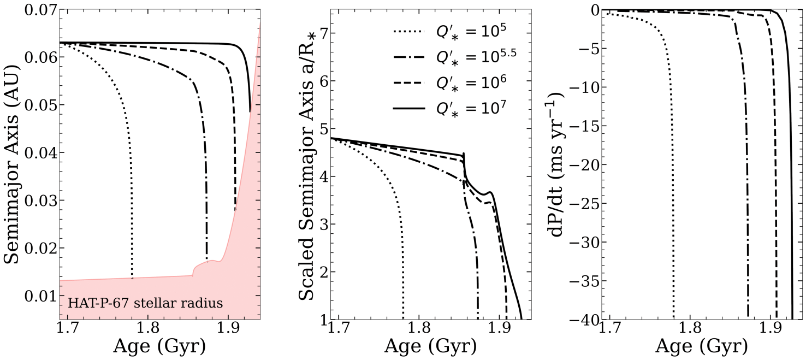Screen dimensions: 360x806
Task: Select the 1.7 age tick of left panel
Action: tap(67, 330)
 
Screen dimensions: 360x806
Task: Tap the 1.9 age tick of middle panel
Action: tap(499, 330)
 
